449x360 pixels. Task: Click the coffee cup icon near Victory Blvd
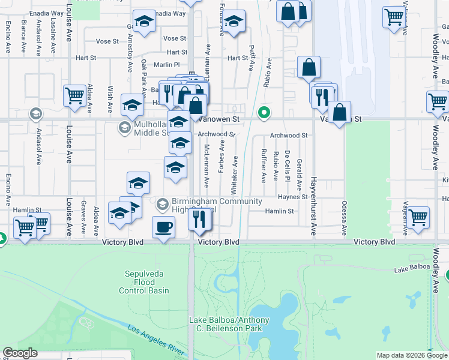click(x=164, y=227)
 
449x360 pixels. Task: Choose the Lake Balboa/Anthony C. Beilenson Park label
click(x=229, y=325)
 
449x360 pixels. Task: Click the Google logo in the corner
click(x=20, y=353)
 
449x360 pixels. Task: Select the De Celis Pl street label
click(x=288, y=166)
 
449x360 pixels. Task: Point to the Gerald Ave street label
click(x=299, y=164)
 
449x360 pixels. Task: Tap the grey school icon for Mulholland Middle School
click(x=124, y=127)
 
